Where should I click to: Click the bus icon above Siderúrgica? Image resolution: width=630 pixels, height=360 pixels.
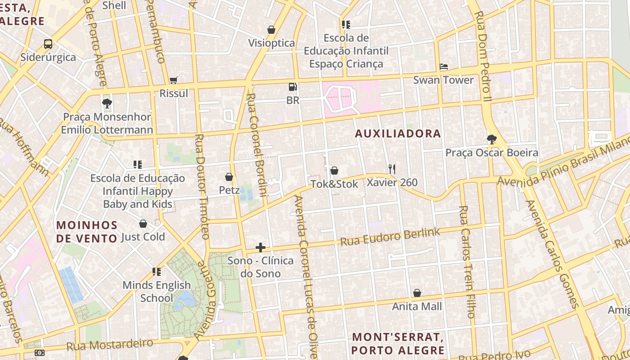[48, 44]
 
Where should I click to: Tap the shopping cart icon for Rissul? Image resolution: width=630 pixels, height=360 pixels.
[174, 81]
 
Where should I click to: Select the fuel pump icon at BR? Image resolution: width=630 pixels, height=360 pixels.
[293, 87]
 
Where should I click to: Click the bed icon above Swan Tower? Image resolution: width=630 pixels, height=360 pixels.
[444, 67]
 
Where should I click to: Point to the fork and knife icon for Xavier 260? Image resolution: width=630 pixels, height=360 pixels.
[392, 169]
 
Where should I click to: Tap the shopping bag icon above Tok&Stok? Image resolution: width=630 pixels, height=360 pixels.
[334, 171]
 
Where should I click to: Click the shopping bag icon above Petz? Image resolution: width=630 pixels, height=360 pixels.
[229, 177]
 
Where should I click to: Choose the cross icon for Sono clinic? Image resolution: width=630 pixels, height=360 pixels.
[261, 247]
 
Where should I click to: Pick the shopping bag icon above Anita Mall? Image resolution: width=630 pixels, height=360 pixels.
[417, 293]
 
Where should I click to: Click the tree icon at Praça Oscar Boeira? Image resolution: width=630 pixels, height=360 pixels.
[492, 139]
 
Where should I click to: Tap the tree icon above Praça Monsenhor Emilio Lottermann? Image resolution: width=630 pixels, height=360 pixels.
[107, 104]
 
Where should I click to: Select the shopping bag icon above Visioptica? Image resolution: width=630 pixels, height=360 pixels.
[271, 30]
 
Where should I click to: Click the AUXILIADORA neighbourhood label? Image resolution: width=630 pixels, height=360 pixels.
[398, 134]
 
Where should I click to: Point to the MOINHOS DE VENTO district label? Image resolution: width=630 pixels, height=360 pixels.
[87, 231]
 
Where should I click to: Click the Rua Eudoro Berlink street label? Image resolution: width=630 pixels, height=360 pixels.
[390, 237]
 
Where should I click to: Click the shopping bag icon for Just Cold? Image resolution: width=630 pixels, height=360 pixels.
[143, 224]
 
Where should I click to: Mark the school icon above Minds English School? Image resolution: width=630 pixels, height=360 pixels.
[157, 272]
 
